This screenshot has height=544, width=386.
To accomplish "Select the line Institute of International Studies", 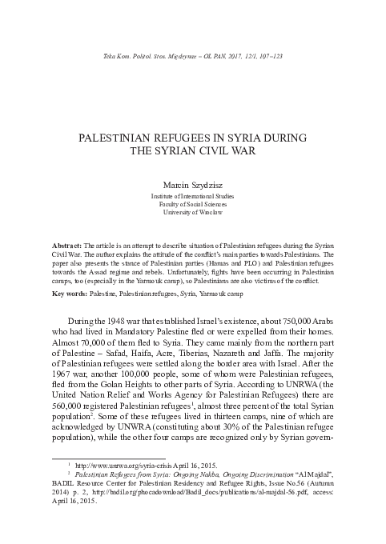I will coord(192,196).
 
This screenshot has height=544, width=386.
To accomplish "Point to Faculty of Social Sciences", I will coord(192,204).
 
